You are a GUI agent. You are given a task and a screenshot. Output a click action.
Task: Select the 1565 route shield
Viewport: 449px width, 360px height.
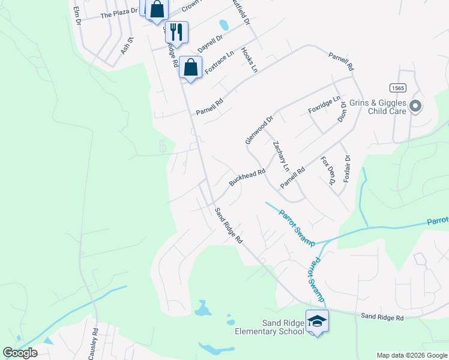click(x=397, y=88)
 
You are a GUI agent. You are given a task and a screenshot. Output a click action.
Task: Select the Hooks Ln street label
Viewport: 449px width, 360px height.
click(x=249, y=60)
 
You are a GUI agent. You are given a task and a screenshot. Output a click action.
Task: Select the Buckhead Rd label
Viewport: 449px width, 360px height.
click(x=247, y=177)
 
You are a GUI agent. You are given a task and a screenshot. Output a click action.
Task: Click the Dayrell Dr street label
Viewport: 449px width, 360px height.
click(x=211, y=42)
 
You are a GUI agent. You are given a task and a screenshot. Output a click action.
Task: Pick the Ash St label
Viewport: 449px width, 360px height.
click(x=127, y=46)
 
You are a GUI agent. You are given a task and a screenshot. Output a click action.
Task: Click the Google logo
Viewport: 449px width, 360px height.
click(x=20, y=353)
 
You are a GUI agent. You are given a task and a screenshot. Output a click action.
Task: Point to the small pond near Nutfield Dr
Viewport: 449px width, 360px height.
click(x=224, y=25)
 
